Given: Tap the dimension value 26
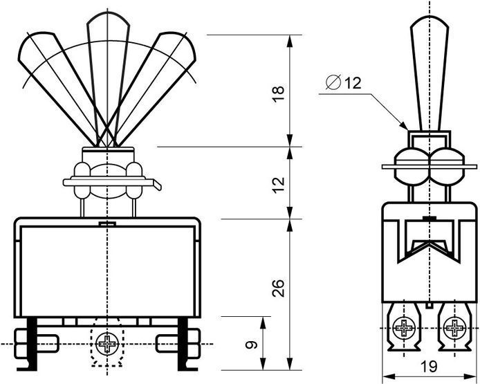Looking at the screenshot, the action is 278,288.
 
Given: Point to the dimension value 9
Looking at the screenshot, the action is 252,345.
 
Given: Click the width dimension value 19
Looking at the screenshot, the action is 429,366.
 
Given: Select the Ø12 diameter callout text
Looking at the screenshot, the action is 343,82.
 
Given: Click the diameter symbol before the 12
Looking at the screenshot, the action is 333,82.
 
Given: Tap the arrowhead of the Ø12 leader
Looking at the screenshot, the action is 404,125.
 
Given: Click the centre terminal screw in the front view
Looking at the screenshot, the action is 107,344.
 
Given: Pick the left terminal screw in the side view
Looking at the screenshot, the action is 404,328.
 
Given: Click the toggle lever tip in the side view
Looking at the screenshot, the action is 430,21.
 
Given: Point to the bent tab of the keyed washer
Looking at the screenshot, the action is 157,185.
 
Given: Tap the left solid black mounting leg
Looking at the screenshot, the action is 31,343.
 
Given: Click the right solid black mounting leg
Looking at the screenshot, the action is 184,343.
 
